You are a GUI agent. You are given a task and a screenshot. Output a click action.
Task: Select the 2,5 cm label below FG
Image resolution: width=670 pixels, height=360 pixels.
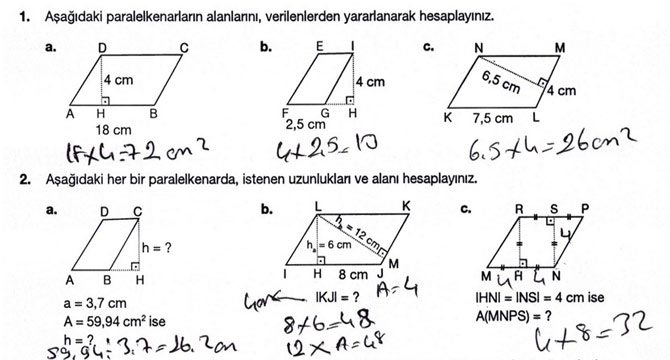point(306,125)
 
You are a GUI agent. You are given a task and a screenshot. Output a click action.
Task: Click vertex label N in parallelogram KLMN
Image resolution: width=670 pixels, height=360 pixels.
point(479,48)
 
